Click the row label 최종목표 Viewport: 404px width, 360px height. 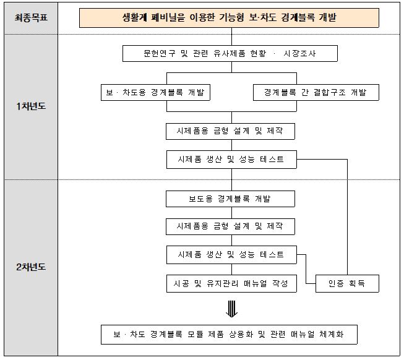pyautogui.click(x=31, y=18)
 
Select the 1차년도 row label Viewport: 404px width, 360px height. pyautogui.click(x=31, y=106)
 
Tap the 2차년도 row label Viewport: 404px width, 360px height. pyautogui.click(x=31, y=267)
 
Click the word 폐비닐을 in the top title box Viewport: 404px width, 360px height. pyautogui.click(x=168, y=17)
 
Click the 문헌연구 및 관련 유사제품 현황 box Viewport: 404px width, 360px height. pyautogui.click(x=230, y=54)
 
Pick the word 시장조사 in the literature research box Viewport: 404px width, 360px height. pyautogui.click(x=299, y=54)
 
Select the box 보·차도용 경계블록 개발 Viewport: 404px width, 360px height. pyautogui.click(x=155, y=92)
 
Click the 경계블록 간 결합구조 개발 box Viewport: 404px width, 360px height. pyautogui.click(x=316, y=92)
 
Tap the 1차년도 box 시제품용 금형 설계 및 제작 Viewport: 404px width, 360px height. pyautogui.click(x=230, y=131)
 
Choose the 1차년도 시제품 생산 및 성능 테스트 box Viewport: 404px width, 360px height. pyautogui.click(x=231, y=160)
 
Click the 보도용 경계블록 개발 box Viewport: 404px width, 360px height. pyautogui.click(x=230, y=199)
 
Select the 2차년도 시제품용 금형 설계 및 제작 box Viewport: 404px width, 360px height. pyautogui.click(x=230, y=226)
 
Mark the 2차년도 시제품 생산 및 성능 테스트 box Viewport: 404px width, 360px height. pyautogui.click(x=231, y=255)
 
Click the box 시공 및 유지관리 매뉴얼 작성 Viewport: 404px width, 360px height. pyautogui.click(x=231, y=283)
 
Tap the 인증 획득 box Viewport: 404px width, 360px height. pyautogui.click(x=347, y=283)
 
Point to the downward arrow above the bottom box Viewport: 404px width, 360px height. pyautogui.click(x=231, y=309)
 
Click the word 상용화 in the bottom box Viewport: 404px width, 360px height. pyautogui.click(x=241, y=334)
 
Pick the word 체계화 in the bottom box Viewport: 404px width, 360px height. pyautogui.click(x=332, y=334)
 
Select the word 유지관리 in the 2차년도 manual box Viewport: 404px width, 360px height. pyautogui.click(x=222, y=283)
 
